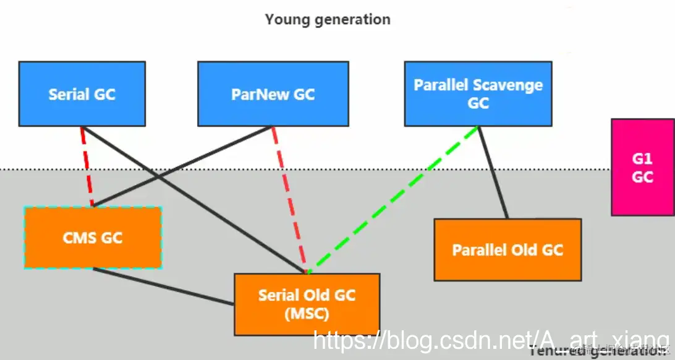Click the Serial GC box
coord(82,94)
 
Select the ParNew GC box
coord(273,94)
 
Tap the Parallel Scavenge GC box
coord(478,93)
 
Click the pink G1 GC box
coord(642,168)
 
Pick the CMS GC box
coord(93,238)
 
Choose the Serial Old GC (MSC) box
coord(307,304)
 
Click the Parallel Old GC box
coord(507,249)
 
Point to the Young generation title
coord(328,19)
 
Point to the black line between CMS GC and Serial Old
coord(164,286)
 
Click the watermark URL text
coord(491,340)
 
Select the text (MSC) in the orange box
coord(307,314)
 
